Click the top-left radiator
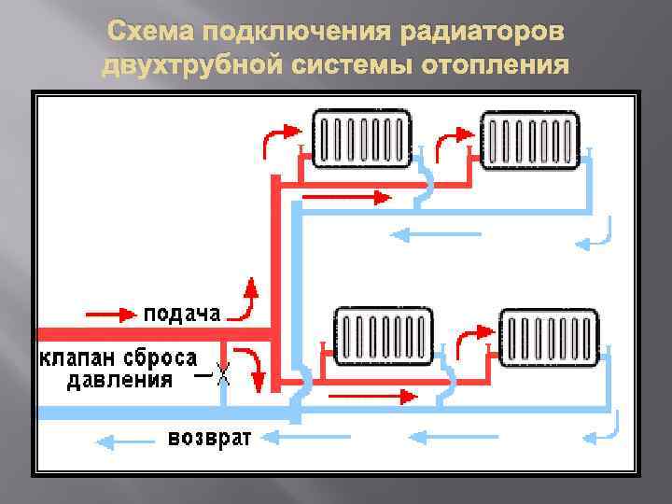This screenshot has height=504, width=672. [362, 139]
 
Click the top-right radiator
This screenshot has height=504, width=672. [530, 140]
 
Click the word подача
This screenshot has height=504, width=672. [182, 313]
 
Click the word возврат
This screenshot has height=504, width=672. [209, 438]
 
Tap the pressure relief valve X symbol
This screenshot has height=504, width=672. [223, 378]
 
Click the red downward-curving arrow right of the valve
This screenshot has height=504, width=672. [251, 366]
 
